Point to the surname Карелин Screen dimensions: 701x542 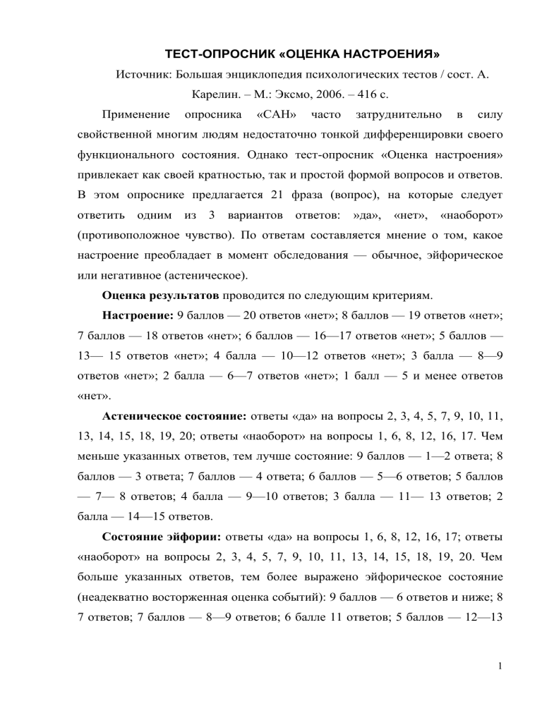213,94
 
